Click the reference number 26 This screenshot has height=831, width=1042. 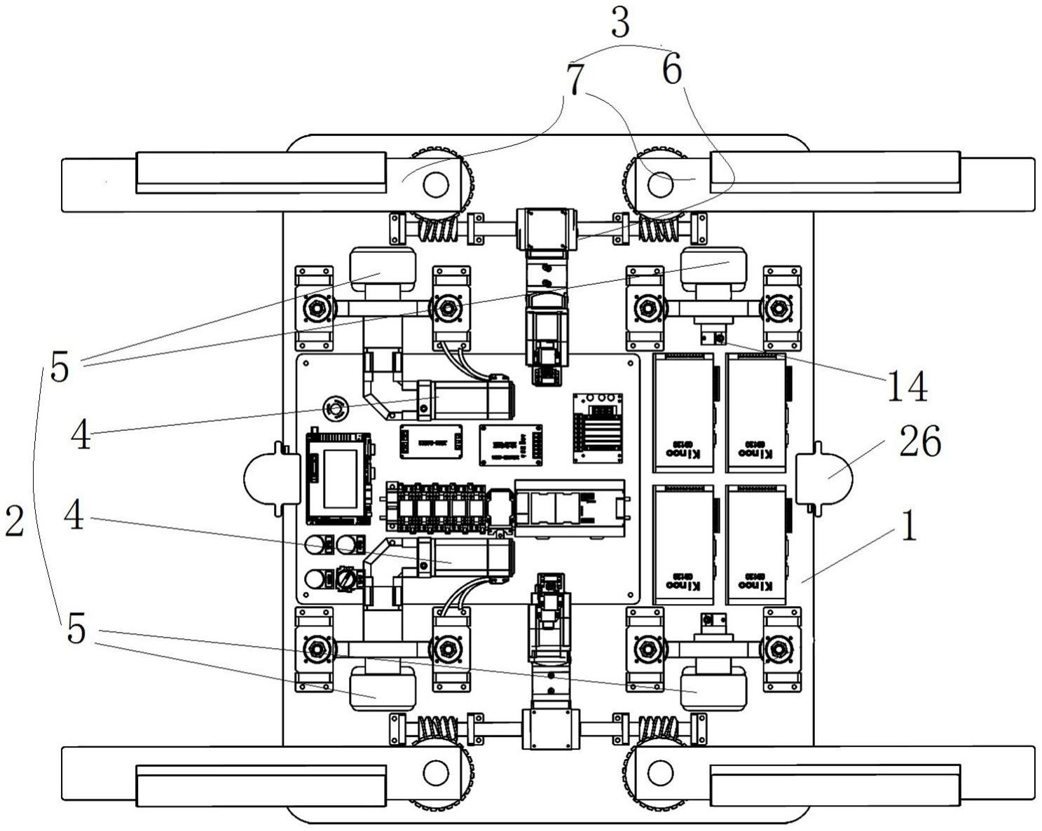920,441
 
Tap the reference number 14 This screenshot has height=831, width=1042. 907,386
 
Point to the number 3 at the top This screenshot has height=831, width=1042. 620,22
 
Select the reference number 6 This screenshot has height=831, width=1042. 671,70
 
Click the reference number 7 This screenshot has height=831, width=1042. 575,81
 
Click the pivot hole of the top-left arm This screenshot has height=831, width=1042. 435,184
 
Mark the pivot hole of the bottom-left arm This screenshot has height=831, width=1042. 435,772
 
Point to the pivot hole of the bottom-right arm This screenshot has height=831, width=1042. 659,772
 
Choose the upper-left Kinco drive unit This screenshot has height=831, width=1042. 683,413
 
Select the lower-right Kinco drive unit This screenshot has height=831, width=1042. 756,544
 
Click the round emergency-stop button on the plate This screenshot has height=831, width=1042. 334,407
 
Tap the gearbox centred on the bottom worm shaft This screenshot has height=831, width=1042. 550,729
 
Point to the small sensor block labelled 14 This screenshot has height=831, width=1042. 714,339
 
